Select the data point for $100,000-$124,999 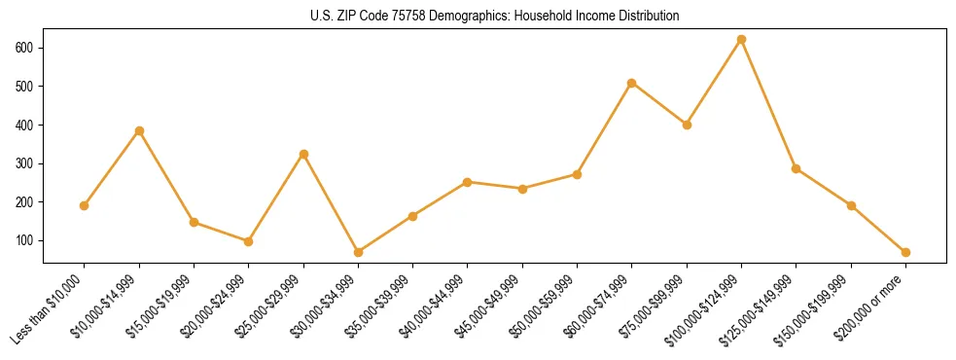click(x=741, y=40)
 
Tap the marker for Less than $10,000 click(x=85, y=205)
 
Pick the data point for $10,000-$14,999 click(x=139, y=130)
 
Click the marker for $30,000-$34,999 click(x=358, y=252)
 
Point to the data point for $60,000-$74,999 click(x=632, y=83)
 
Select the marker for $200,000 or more click(x=905, y=252)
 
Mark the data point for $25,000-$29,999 click(x=303, y=154)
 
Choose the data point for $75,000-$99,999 click(x=687, y=125)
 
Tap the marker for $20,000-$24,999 click(x=249, y=241)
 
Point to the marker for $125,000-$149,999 click(x=796, y=168)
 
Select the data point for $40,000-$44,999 click(x=468, y=182)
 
